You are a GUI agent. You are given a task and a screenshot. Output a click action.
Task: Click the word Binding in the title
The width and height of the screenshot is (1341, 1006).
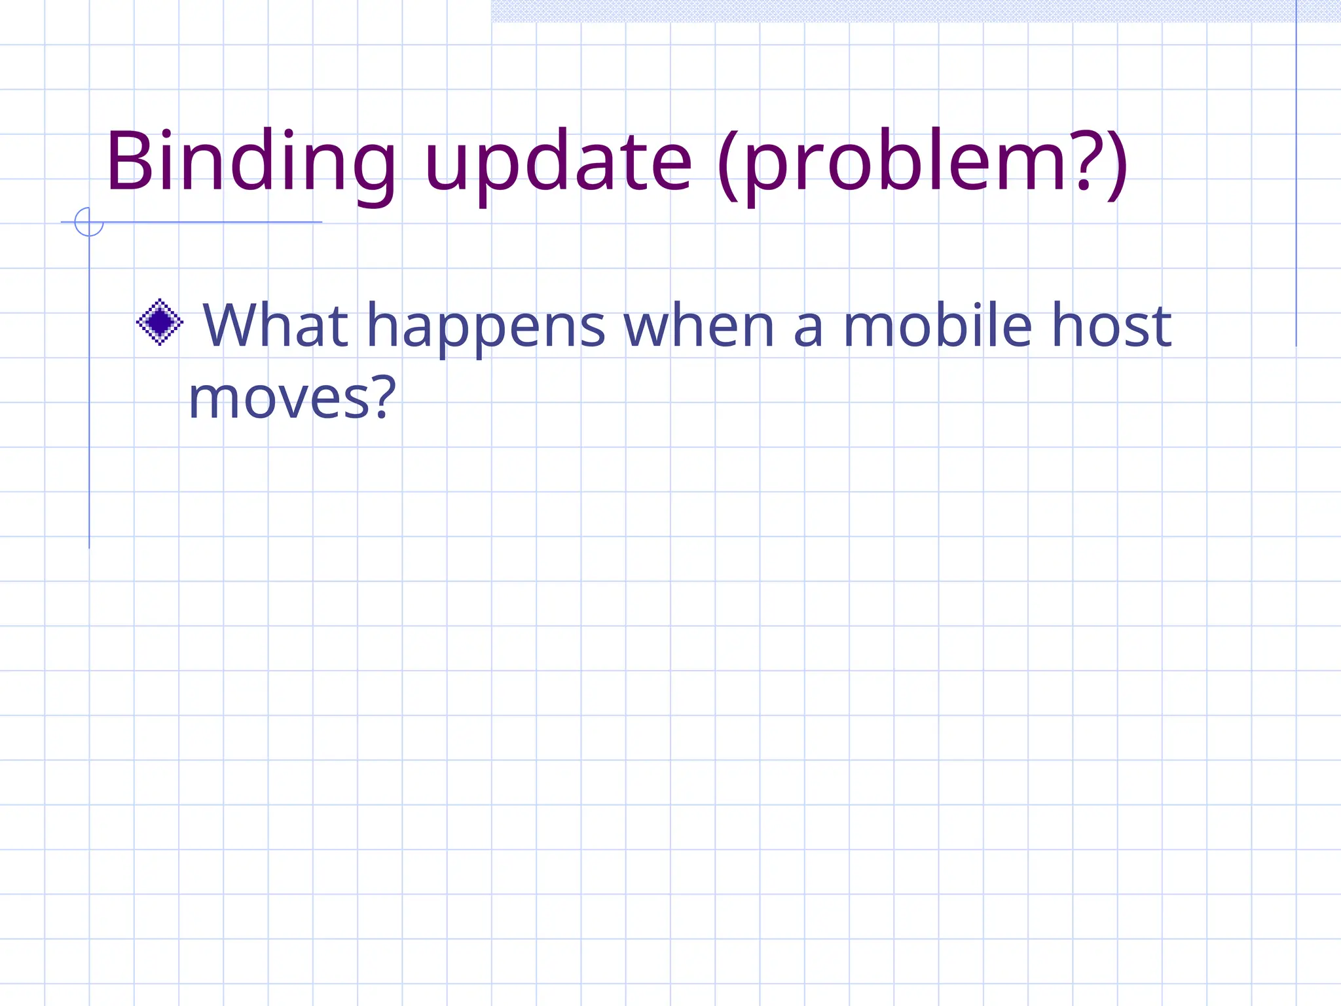tap(251, 162)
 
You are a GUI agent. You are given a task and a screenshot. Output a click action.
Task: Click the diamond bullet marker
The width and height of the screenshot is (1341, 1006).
tap(159, 322)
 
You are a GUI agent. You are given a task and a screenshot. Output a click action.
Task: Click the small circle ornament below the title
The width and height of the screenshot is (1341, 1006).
tap(89, 221)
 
